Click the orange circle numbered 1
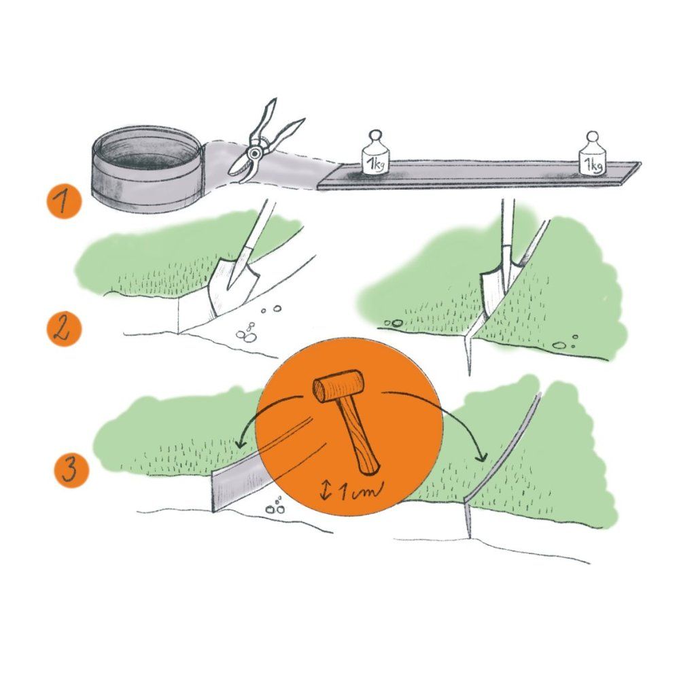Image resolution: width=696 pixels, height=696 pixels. point(64,201)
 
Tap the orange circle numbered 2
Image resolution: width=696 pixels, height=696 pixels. point(64,329)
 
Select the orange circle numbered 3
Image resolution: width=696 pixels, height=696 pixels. point(71,470)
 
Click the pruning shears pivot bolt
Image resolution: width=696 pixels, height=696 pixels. point(255,154)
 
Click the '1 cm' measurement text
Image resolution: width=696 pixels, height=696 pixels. point(360,491)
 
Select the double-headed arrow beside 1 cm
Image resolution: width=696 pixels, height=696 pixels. point(326,491)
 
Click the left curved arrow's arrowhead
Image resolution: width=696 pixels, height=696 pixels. point(241,442)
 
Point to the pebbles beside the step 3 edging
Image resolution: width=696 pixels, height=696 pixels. point(275,506)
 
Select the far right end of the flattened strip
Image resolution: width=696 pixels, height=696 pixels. point(638,165)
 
